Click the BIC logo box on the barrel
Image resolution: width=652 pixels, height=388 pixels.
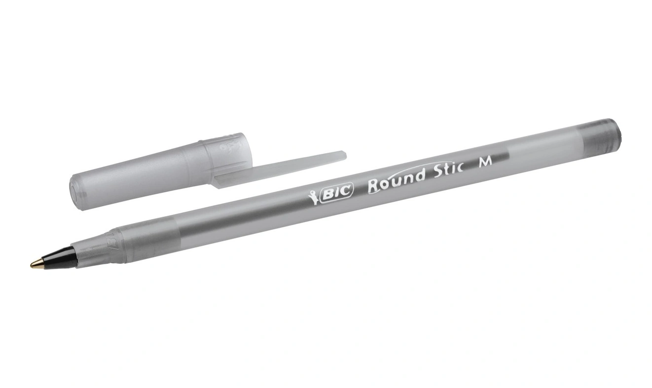(x=336, y=193)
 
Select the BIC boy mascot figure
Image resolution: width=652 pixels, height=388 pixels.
(x=314, y=197)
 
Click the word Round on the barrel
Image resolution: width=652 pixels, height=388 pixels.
(x=395, y=182)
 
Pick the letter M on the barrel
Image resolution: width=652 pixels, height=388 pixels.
(x=485, y=162)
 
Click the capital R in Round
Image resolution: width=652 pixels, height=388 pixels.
(x=374, y=186)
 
